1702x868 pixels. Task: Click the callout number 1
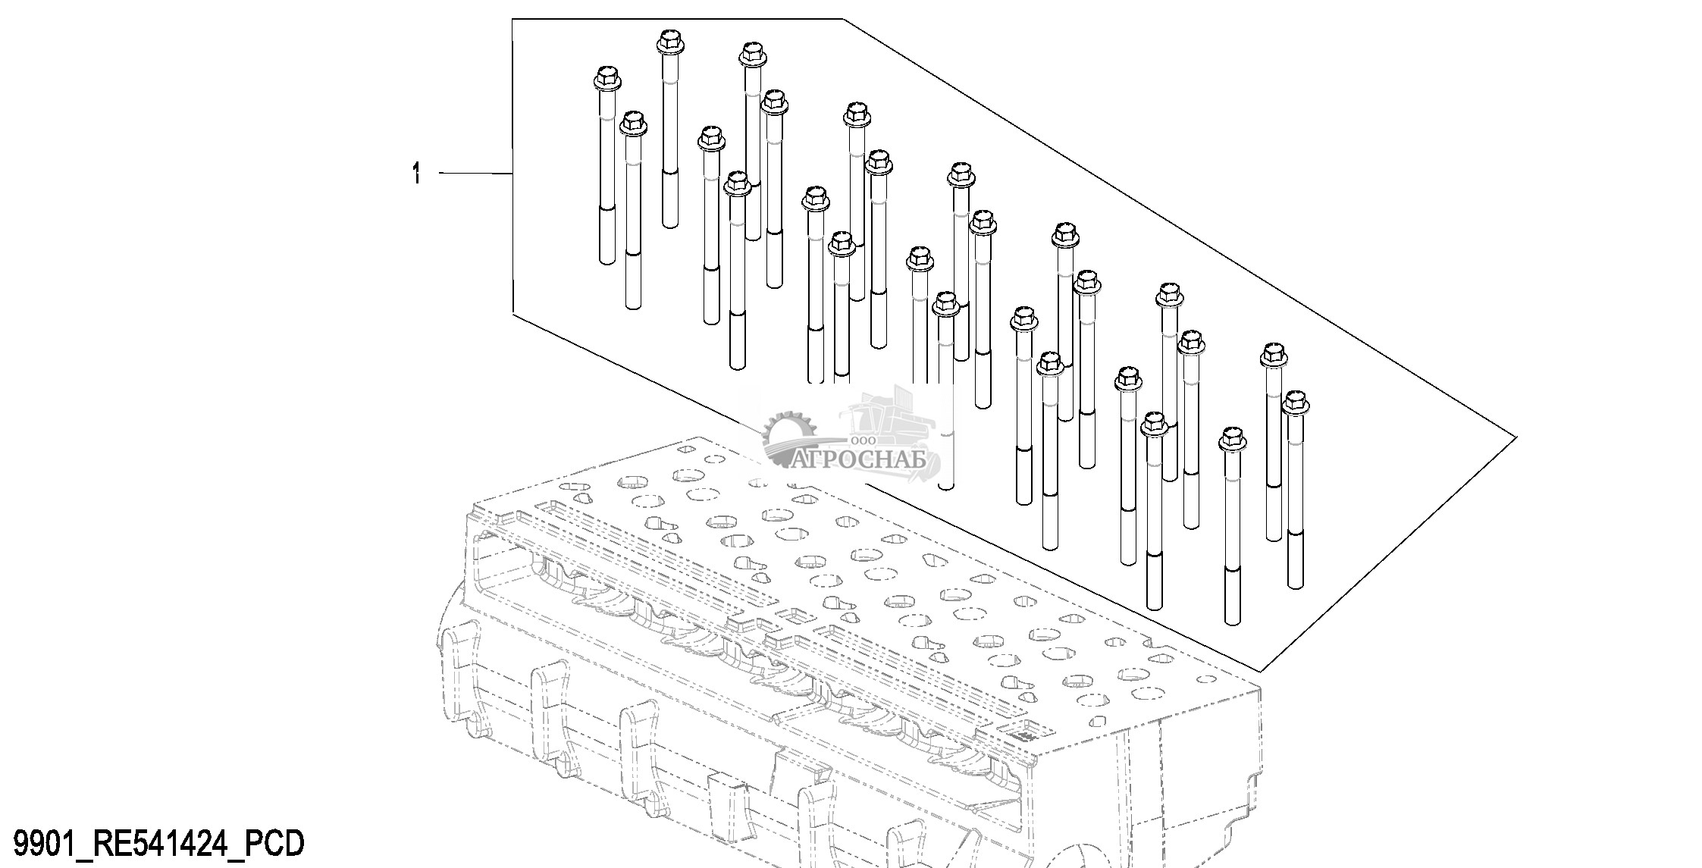(x=415, y=174)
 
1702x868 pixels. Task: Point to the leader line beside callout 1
(x=476, y=174)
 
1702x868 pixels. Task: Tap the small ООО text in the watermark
(x=864, y=440)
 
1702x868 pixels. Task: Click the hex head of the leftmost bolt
(x=606, y=78)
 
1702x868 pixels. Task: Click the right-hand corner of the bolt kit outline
(x=1516, y=437)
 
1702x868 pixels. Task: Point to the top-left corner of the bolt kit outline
(x=513, y=20)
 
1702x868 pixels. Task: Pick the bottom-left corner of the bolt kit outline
(x=513, y=312)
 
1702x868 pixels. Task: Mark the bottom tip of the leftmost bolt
(x=607, y=262)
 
